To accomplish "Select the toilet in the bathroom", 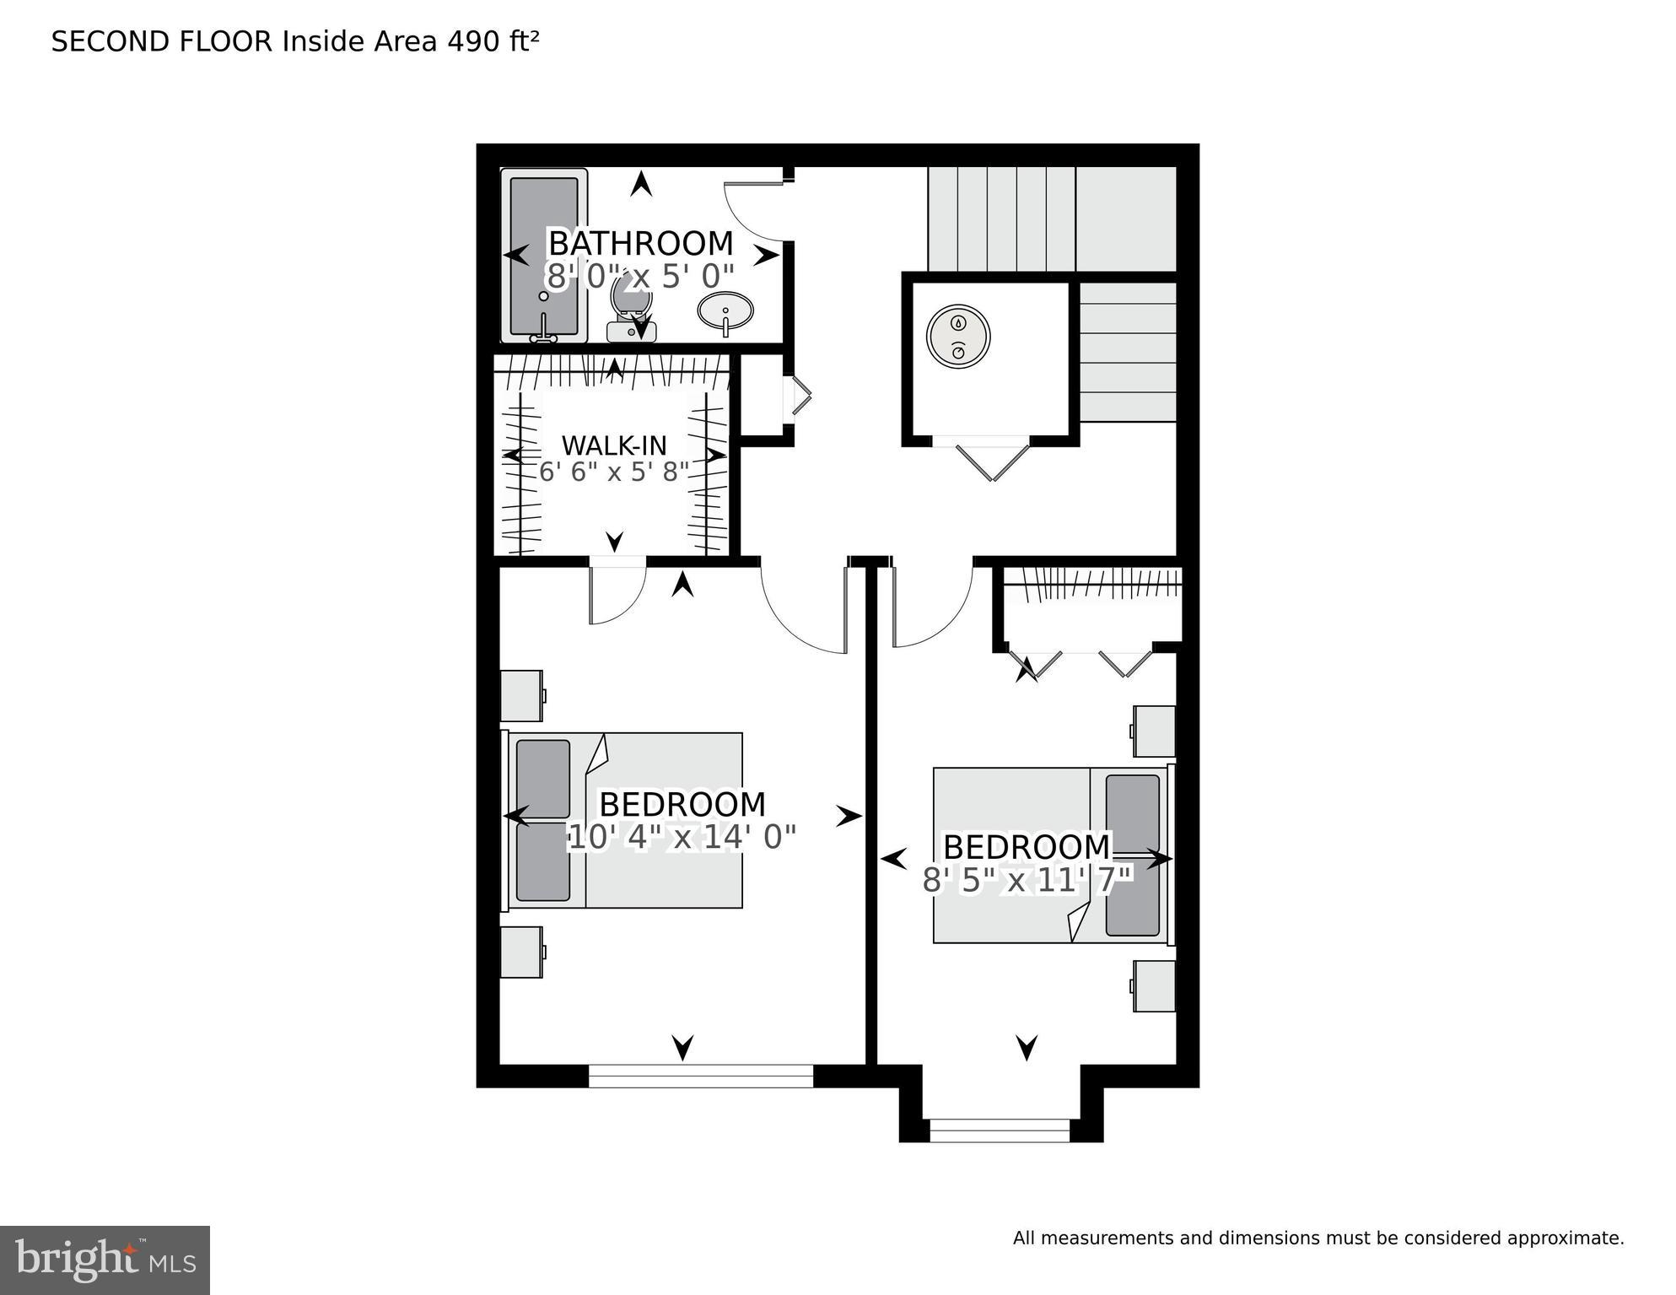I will (631, 309).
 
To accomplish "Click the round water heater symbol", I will (958, 336).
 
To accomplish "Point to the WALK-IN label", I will (613, 445).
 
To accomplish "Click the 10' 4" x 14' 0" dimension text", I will (682, 838).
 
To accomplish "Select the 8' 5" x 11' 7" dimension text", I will (1027, 881).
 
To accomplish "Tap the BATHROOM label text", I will (640, 244).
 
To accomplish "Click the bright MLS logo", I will (105, 1260).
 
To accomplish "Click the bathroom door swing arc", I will (751, 211).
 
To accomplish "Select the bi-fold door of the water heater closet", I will (993, 460).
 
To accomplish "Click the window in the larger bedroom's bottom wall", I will (700, 1076).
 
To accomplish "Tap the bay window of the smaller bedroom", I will (1000, 1130).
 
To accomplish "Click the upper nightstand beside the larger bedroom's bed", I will (522, 696).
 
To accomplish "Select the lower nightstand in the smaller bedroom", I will (1154, 985).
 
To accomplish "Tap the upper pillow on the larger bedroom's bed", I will (543, 779).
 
